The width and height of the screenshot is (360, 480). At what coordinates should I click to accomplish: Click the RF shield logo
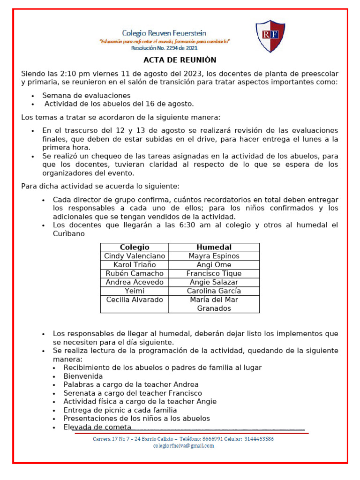(270, 36)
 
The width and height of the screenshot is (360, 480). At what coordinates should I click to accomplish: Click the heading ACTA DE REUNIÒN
(180, 60)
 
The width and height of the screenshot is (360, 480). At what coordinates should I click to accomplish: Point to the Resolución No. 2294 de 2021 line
(164, 48)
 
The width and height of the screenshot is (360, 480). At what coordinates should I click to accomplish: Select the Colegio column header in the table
(135, 247)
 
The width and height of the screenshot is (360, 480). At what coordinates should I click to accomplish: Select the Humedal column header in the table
(214, 247)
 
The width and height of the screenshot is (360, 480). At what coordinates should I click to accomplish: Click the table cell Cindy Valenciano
(135, 256)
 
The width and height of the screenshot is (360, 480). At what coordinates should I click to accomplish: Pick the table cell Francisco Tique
(214, 273)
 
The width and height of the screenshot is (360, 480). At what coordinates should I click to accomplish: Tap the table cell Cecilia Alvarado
(135, 300)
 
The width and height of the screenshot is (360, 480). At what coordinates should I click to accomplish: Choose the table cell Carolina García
(214, 291)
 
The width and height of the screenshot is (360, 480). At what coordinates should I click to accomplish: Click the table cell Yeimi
(135, 291)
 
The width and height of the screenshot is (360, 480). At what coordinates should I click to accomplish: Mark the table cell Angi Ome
(214, 265)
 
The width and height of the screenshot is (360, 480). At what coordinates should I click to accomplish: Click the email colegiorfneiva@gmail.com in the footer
(183, 446)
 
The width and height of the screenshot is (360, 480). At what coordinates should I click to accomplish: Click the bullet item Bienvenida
(83, 376)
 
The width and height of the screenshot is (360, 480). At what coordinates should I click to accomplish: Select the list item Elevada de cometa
(97, 427)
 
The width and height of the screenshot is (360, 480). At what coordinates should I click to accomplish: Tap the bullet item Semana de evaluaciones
(86, 96)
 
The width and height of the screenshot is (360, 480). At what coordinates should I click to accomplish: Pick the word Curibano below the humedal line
(69, 233)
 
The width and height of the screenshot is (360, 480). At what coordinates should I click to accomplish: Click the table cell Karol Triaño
(135, 265)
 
